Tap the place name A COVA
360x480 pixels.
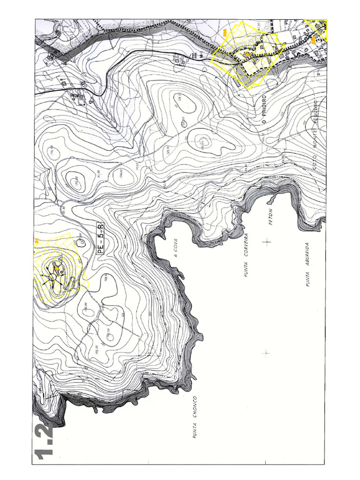tap(176, 249)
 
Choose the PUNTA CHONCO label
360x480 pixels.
tap(194, 418)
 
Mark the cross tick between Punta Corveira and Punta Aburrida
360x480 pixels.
tap(267, 242)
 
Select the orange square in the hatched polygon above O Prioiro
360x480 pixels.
tap(247, 55)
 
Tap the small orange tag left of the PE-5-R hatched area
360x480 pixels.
tap(36, 241)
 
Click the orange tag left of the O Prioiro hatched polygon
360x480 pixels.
tap(225, 32)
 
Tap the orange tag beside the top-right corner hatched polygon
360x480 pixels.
tap(314, 40)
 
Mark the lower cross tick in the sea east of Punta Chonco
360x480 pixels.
tap(266, 352)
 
